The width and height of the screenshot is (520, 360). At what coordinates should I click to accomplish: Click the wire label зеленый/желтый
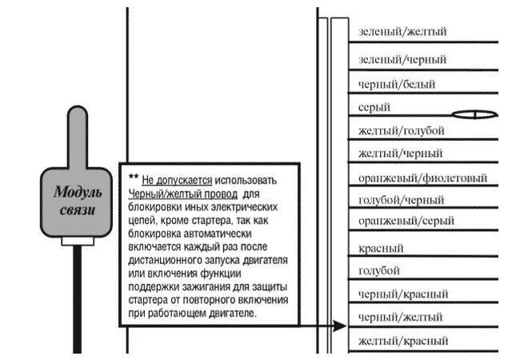(402, 32)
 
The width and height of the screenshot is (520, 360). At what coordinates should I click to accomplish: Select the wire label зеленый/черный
(402, 59)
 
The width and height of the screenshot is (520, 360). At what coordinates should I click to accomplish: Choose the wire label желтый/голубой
(402, 130)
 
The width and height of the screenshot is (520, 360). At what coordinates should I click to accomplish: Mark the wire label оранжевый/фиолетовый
(422, 178)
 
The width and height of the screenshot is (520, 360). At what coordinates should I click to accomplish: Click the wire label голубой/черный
(401, 200)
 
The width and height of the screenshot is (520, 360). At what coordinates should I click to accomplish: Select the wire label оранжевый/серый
(406, 220)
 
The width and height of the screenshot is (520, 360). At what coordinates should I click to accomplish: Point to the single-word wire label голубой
(379, 270)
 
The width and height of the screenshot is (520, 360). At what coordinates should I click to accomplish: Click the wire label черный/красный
(403, 294)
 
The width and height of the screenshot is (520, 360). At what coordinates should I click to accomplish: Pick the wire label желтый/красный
(403, 342)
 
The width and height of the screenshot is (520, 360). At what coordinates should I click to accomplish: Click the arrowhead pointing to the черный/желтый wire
(341, 326)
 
